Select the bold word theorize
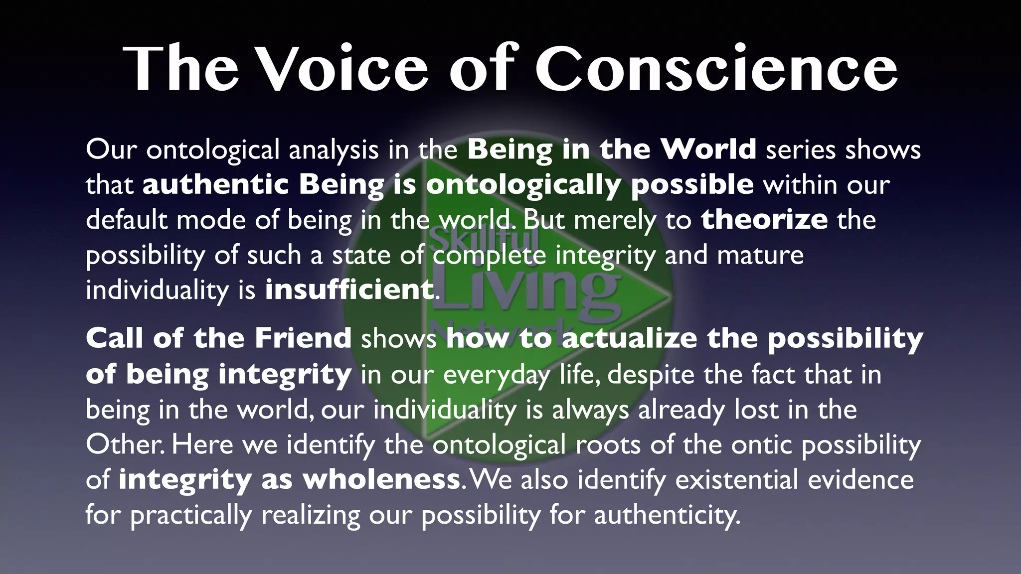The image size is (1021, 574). [764, 220]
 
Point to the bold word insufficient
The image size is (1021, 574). [349, 290]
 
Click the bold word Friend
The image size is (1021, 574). [303, 338]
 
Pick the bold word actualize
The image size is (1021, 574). [630, 338]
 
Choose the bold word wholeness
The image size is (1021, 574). [381, 479]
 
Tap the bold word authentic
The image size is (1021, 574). [215, 185]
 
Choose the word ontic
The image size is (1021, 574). [762, 444]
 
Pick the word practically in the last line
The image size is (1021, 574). [191, 515]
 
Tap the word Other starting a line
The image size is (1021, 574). [124, 444]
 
